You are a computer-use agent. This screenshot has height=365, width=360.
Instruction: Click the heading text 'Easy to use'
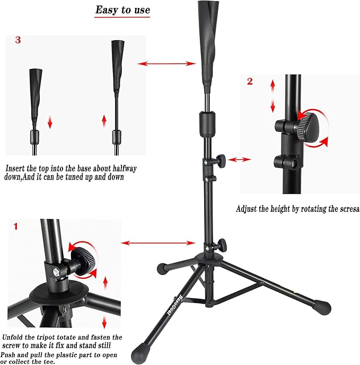[122, 10]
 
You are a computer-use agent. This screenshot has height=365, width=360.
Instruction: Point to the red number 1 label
[15, 226]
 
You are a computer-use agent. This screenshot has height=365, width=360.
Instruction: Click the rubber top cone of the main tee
[207, 40]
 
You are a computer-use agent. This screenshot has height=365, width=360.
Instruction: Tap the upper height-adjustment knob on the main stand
[221, 158]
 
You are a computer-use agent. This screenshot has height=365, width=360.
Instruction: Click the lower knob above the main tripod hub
[222, 245]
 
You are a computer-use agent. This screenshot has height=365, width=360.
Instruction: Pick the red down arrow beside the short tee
[50, 122]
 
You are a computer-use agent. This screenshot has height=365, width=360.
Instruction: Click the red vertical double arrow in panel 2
[273, 95]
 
